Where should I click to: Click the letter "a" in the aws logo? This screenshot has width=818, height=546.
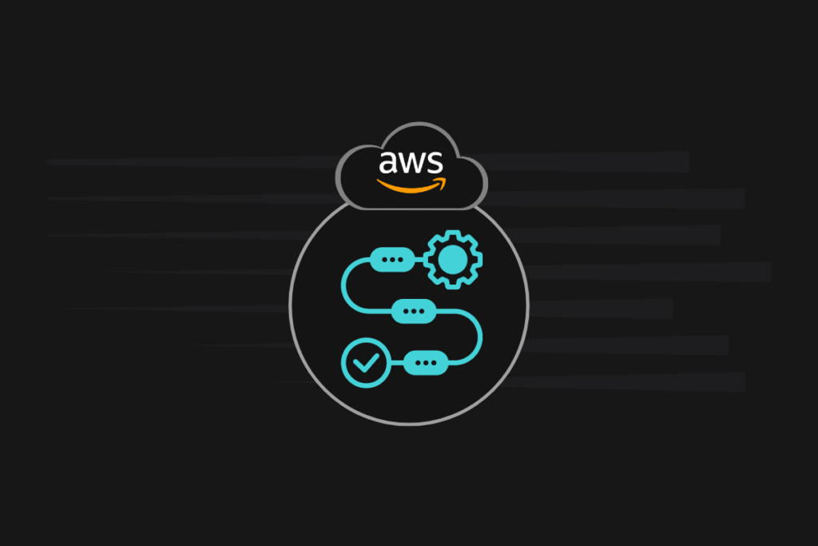pyautogui.click(x=389, y=163)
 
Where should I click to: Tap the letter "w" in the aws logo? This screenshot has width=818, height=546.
pyautogui.click(x=411, y=163)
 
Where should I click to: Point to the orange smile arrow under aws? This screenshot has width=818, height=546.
pyautogui.click(x=407, y=187)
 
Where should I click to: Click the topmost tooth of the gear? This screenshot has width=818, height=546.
pyautogui.click(x=452, y=234)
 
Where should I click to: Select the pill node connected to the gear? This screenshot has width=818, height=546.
pyautogui.click(x=393, y=260)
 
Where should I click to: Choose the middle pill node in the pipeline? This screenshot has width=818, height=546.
pyautogui.click(x=414, y=311)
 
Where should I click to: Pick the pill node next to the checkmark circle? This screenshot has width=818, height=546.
pyautogui.click(x=426, y=363)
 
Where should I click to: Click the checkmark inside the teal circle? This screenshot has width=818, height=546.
pyautogui.click(x=366, y=364)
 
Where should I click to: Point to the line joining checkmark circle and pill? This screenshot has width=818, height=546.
pyautogui.click(x=396, y=363)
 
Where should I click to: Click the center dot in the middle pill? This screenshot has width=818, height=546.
pyautogui.click(x=414, y=311)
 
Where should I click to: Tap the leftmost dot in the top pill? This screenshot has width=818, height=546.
pyautogui.click(x=385, y=260)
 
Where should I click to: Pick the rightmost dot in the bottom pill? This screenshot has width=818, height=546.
pyautogui.click(x=434, y=363)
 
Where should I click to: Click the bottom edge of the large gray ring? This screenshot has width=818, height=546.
pyautogui.click(x=409, y=424)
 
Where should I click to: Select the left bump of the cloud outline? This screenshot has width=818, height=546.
pyautogui.click(x=345, y=172)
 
